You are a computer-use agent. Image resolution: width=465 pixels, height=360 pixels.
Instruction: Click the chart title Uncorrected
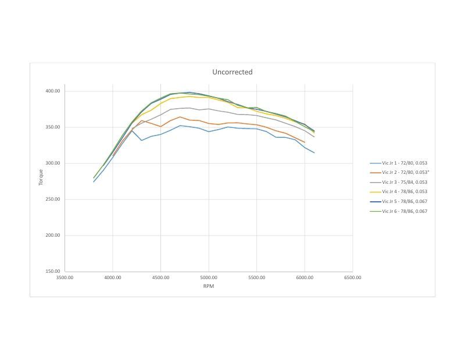[x=232, y=72]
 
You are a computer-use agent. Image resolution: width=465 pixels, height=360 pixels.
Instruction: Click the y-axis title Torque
[x=41, y=177]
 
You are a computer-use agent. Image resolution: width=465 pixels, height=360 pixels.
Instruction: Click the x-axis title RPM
[x=208, y=286]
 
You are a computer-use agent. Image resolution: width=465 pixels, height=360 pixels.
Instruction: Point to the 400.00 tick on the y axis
[x=53, y=91]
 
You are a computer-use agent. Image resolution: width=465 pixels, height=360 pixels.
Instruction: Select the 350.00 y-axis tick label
[x=53, y=127]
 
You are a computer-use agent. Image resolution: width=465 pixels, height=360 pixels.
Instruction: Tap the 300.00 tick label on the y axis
[x=53, y=163]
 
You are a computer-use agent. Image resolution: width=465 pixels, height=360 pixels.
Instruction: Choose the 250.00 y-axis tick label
[x=53, y=199]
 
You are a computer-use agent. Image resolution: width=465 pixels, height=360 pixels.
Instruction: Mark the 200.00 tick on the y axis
[x=53, y=236]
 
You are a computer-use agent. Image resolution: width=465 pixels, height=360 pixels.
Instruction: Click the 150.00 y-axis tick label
[x=53, y=272]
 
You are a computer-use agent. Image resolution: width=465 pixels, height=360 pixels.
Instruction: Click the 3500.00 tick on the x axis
[x=65, y=277]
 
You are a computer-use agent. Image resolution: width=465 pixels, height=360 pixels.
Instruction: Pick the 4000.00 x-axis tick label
[x=113, y=277]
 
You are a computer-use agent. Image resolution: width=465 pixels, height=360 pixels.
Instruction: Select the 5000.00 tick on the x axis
[x=209, y=277]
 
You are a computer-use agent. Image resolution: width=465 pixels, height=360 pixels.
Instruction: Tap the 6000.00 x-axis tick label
[x=305, y=277]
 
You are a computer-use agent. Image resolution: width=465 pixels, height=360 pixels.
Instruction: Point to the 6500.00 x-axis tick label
[x=352, y=277]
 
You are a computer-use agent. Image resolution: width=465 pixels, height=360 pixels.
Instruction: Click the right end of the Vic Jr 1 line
[x=314, y=153]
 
